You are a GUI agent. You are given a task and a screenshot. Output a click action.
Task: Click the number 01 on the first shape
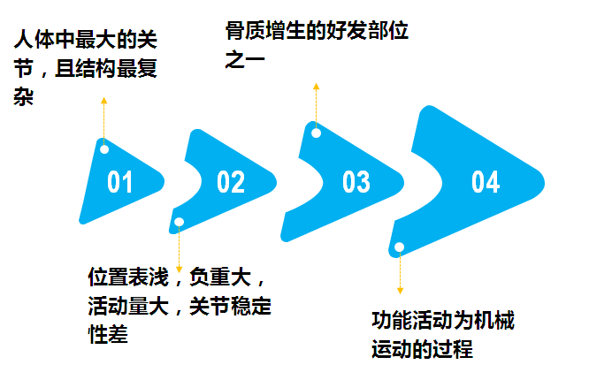(120, 182)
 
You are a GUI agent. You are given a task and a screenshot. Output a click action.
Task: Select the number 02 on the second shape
(231, 182)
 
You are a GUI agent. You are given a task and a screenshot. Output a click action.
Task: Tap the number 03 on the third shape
(356, 182)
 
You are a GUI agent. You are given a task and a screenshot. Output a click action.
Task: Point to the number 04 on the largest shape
(486, 182)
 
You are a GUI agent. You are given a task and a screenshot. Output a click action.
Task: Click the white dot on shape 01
(104, 148)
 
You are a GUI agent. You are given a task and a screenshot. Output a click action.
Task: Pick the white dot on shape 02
(180, 222)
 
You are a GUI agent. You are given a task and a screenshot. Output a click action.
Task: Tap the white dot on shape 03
(315, 133)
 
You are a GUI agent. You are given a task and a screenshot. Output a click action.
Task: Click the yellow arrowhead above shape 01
(104, 101)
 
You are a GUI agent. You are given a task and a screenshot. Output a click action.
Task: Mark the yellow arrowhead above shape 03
(315, 87)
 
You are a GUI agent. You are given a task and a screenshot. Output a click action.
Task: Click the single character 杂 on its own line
(24, 96)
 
